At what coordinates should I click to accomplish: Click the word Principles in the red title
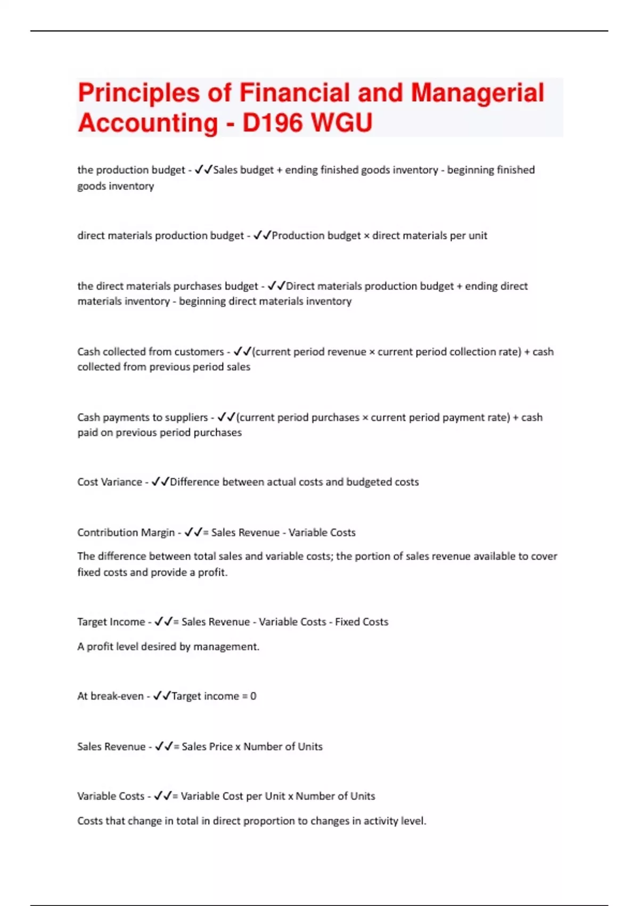pos(138,93)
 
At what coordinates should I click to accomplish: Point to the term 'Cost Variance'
pos(109,482)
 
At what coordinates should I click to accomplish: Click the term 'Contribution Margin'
pos(126,532)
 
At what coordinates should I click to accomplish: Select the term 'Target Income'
pos(111,622)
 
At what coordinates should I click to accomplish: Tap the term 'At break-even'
pos(110,696)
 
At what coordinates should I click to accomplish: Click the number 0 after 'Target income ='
pos(253,696)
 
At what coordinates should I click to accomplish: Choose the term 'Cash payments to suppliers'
pos(142,417)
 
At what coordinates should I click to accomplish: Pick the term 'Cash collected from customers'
pos(150,352)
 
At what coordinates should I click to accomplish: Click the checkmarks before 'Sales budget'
pos(203,170)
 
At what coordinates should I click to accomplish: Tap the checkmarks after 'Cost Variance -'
pos(160,482)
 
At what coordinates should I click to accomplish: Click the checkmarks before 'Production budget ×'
pos(262,236)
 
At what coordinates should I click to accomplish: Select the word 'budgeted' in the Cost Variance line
pos(373,482)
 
